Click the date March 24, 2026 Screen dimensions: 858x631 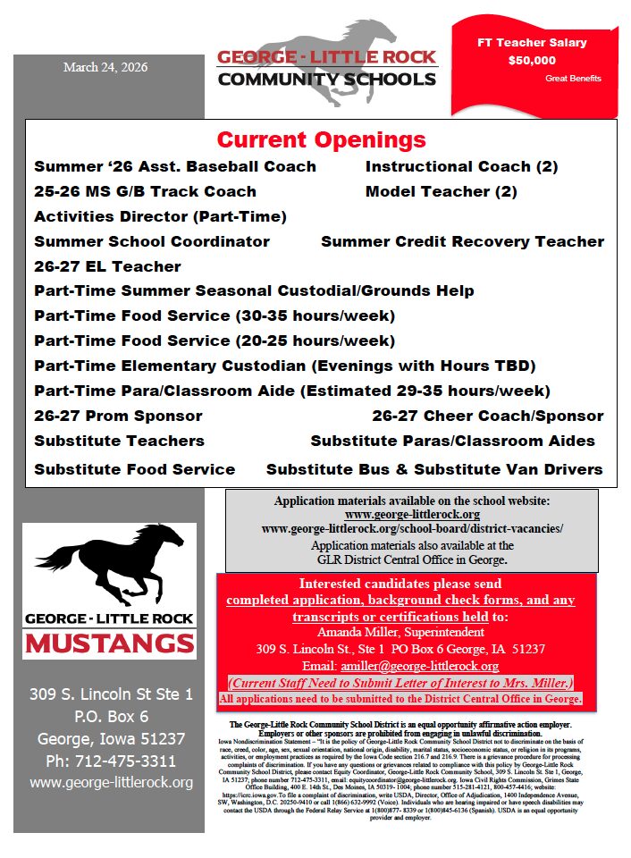pyautogui.click(x=105, y=67)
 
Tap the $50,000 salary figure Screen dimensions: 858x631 pyautogui.click(x=532, y=61)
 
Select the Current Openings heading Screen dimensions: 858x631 pyautogui.click(x=321, y=140)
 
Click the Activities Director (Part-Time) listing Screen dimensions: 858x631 pyautogui.click(x=160, y=216)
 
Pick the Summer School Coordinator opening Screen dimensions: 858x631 pyautogui.click(x=152, y=241)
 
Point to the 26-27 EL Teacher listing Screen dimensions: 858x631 pyautogui.click(x=107, y=266)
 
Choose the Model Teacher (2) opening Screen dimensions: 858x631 pyautogui.click(x=441, y=191)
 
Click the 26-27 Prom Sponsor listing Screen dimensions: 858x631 pyautogui.click(x=118, y=416)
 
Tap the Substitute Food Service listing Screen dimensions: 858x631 pyautogui.click(x=134, y=469)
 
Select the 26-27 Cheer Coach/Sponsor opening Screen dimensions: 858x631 pyautogui.click(x=487, y=416)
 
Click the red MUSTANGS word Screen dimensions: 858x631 pyautogui.click(x=109, y=643)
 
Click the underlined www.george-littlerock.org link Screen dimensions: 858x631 pyautogui.click(x=412, y=515)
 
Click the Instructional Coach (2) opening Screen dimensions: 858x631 pyautogui.click(x=461, y=166)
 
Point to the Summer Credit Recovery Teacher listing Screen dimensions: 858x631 pyautogui.click(x=462, y=241)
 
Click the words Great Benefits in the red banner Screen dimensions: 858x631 pyautogui.click(x=573, y=79)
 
